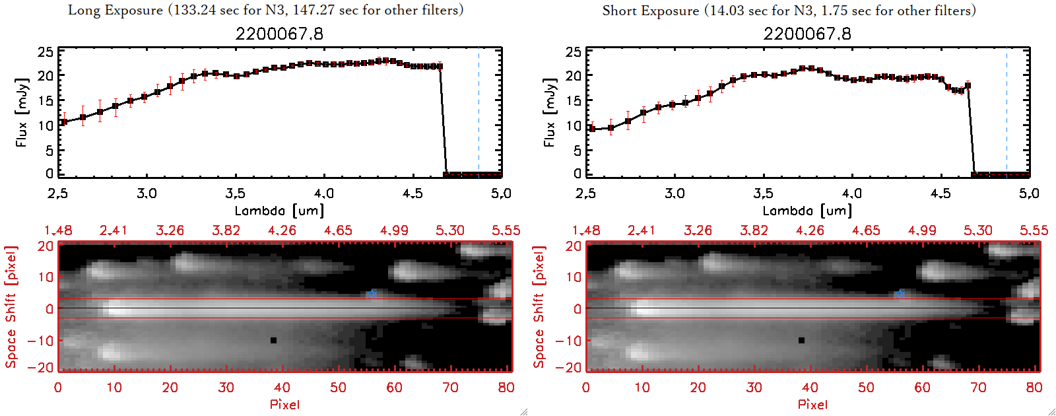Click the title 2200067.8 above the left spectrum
click(279, 34)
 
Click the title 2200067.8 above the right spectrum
click(807, 34)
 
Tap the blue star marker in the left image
click(372, 294)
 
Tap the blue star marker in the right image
click(900, 294)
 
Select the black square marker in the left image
click(273, 341)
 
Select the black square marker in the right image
click(801, 341)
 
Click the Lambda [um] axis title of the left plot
click(279, 211)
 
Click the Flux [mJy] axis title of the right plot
click(550, 112)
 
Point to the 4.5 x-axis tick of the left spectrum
click(412, 193)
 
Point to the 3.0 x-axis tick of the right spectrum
click(675, 193)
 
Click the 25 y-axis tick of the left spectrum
click(46, 52)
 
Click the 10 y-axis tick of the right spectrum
click(574, 125)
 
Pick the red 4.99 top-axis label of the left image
click(394, 230)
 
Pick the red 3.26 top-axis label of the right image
click(698, 230)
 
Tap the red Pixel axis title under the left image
click(284, 404)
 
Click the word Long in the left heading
click(84, 10)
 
